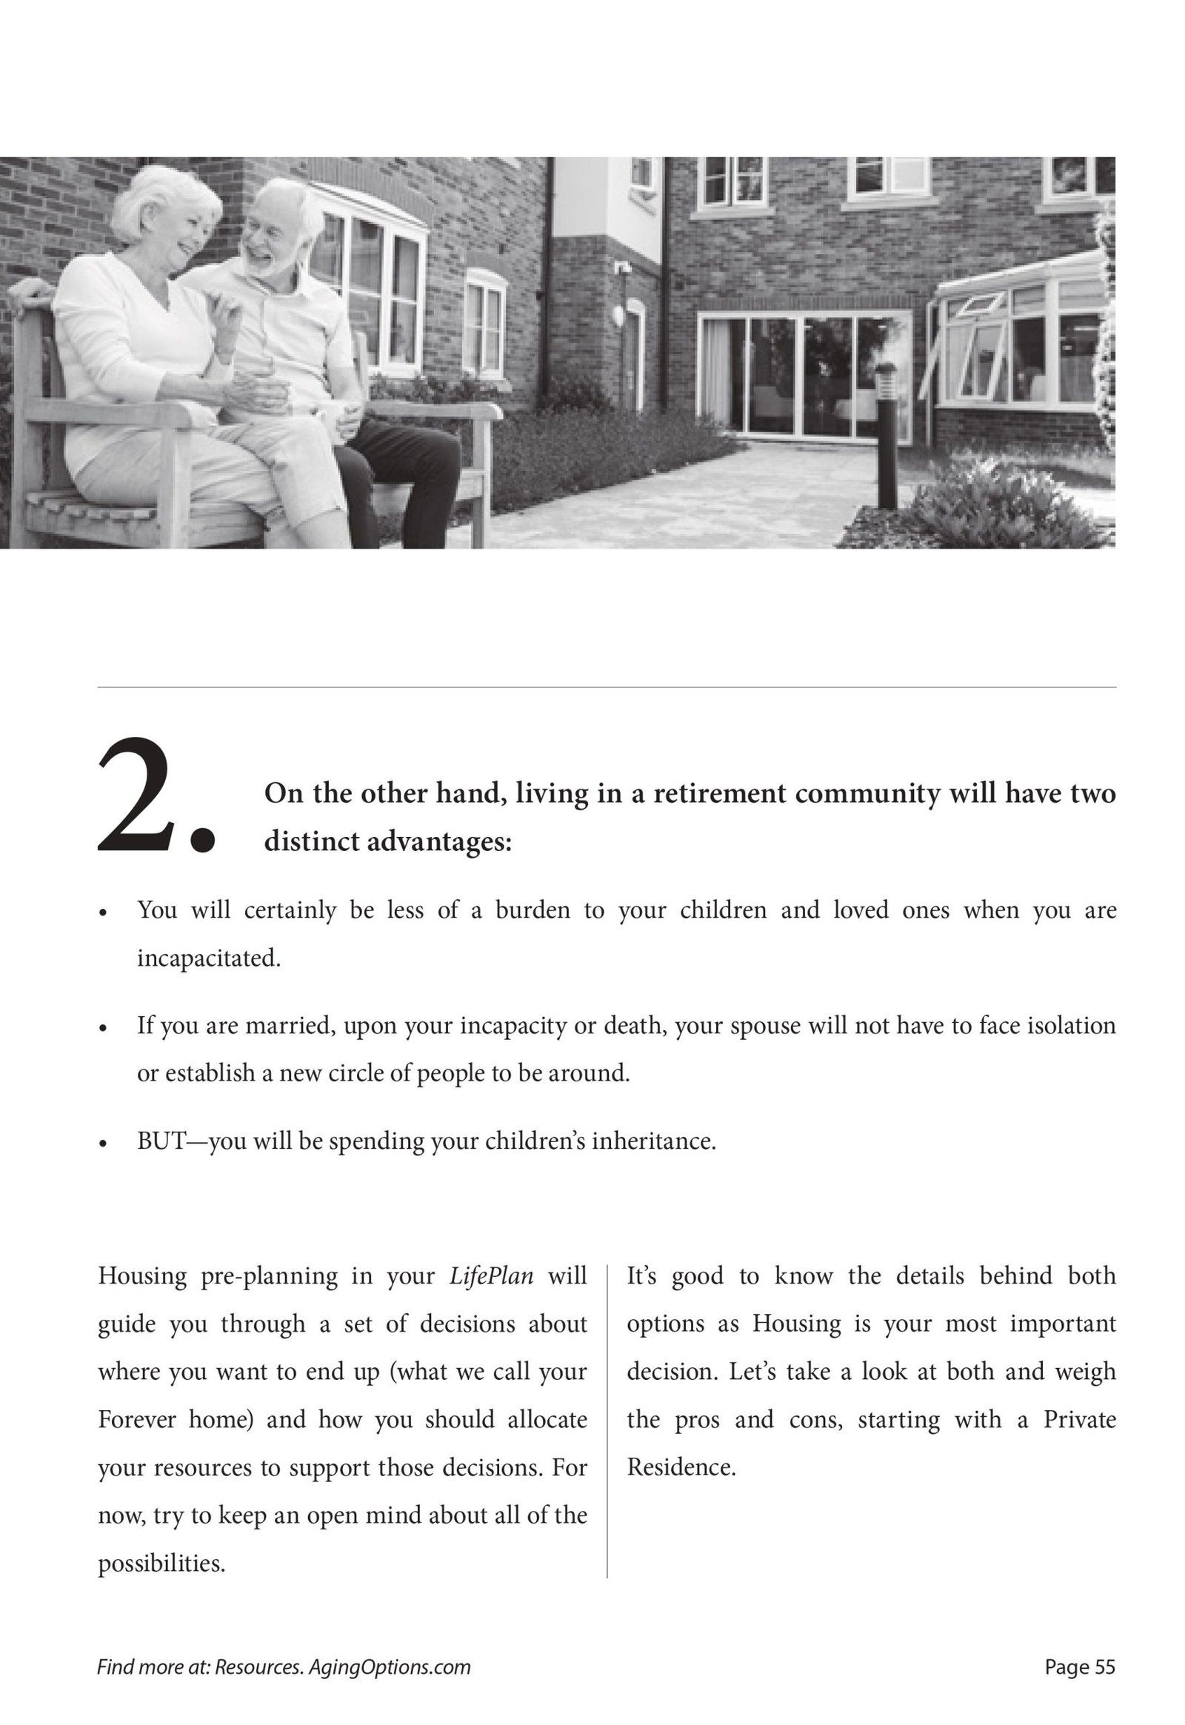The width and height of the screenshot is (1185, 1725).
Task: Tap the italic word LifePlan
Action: [492, 1276]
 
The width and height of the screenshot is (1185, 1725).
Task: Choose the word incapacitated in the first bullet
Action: [209, 958]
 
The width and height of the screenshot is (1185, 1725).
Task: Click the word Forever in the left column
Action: [136, 1421]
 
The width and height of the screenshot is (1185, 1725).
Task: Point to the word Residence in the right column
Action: [681, 1468]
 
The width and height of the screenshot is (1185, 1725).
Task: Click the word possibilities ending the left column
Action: [161, 1564]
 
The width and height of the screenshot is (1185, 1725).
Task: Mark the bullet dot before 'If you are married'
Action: [104, 1029]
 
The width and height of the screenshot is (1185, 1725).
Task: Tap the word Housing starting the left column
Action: [141, 1276]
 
